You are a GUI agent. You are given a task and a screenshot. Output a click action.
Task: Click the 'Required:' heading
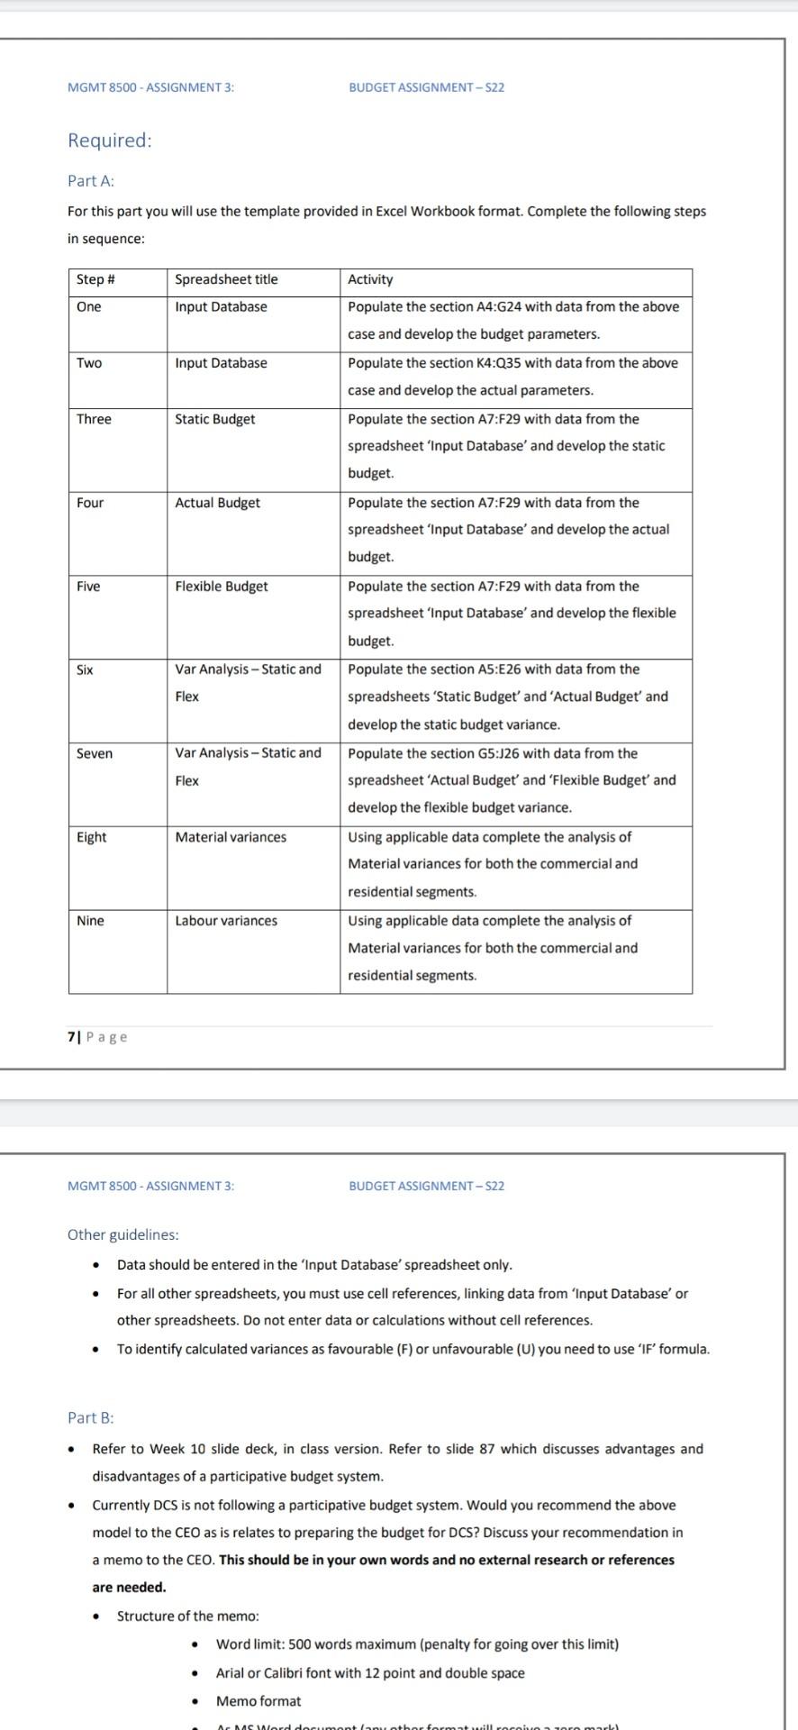point(110,141)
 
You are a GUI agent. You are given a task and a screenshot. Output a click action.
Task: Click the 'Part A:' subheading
point(91,181)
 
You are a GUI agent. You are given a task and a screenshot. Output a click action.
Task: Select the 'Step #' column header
point(95,279)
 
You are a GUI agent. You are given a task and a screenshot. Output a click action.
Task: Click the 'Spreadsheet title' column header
point(226,279)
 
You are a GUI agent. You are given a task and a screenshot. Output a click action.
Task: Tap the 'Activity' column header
point(370,279)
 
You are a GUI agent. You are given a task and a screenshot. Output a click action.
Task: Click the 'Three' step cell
point(94,419)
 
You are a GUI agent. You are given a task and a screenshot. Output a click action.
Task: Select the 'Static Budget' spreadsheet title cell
point(214,419)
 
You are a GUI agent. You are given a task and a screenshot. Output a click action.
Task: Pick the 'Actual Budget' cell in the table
point(217,503)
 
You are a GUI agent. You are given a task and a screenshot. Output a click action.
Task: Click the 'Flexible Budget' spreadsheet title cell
point(221,587)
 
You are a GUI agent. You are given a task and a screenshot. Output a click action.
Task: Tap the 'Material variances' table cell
point(231,837)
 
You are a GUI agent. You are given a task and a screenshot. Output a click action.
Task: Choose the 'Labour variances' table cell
point(226,921)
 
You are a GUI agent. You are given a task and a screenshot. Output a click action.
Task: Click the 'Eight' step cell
point(91,837)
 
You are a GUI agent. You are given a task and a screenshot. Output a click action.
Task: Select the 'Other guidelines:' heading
point(123,1234)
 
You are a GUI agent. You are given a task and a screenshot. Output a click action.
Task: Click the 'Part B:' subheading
point(91,1417)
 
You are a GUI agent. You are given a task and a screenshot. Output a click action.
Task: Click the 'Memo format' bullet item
point(258,1701)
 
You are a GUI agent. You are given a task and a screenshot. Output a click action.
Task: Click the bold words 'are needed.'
point(129,1588)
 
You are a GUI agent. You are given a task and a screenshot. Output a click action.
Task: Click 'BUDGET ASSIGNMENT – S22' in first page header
point(426,87)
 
